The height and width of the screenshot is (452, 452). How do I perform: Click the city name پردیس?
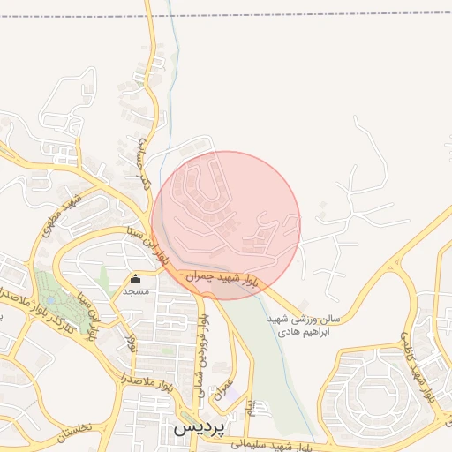(x=200, y=426)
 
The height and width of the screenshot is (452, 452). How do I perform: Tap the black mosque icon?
(x=135, y=279)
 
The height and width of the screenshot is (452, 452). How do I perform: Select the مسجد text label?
(x=136, y=290)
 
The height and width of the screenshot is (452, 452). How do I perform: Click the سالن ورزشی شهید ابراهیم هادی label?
(x=292, y=324)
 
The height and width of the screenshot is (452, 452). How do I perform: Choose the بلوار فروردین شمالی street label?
(x=202, y=345)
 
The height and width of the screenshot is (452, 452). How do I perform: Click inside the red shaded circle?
(x=226, y=212)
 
